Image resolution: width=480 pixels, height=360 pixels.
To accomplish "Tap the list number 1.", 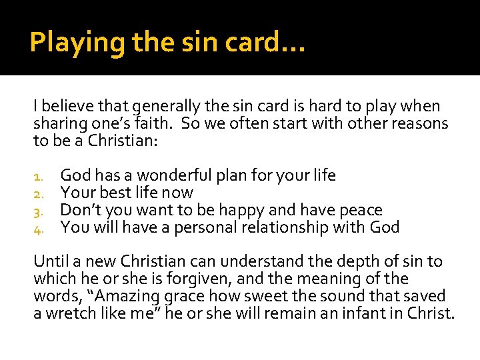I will [x=39, y=177].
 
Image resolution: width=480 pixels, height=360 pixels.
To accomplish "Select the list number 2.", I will [x=39, y=194].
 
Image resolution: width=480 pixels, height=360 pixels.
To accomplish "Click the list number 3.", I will [x=39, y=211].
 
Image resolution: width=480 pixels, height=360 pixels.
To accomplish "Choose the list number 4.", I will [x=39, y=229].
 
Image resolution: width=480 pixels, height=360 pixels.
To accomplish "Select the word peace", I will [x=359, y=211].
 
